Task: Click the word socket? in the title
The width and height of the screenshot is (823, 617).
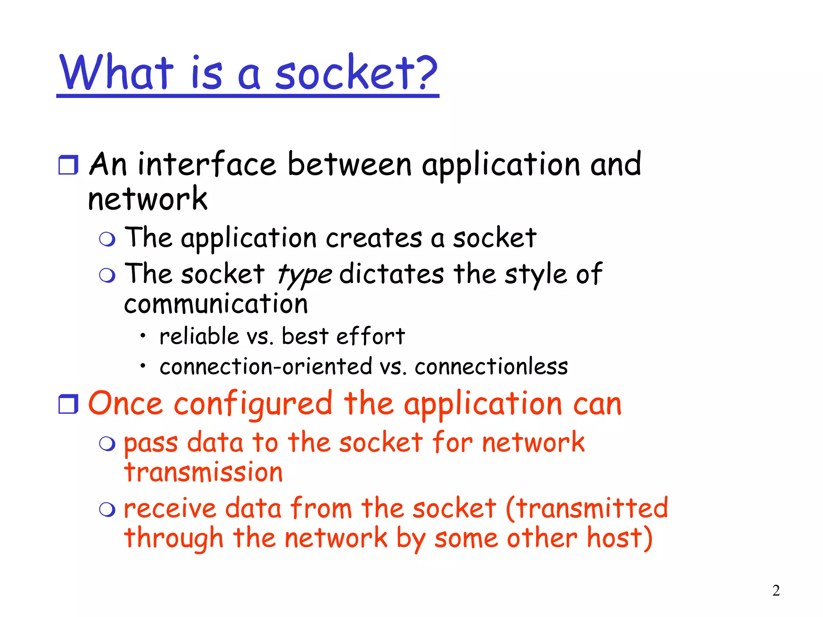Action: (x=356, y=73)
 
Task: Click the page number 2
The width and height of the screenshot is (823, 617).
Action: (x=776, y=590)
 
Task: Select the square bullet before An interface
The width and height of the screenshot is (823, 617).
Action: (x=68, y=165)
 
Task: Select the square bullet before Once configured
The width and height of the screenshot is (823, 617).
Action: (x=68, y=404)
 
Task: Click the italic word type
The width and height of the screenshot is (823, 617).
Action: (x=305, y=275)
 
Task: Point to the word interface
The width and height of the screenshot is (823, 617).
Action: (x=207, y=165)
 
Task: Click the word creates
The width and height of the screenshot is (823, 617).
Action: (x=374, y=238)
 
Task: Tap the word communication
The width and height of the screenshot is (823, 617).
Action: (x=216, y=304)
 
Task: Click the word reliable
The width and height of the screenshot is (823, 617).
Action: (x=199, y=336)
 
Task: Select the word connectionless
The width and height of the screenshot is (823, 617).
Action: (x=491, y=367)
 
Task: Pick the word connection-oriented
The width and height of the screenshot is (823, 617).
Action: (x=266, y=367)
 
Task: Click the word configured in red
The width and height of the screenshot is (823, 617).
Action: (x=253, y=404)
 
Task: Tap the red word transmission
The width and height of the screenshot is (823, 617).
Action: (x=203, y=472)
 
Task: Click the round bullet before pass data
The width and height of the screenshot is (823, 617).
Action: (x=107, y=444)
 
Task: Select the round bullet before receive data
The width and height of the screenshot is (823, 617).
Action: (x=107, y=510)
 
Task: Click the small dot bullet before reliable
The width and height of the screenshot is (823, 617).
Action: (x=143, y=335)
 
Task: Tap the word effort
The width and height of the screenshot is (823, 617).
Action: (x=370, y=336)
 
